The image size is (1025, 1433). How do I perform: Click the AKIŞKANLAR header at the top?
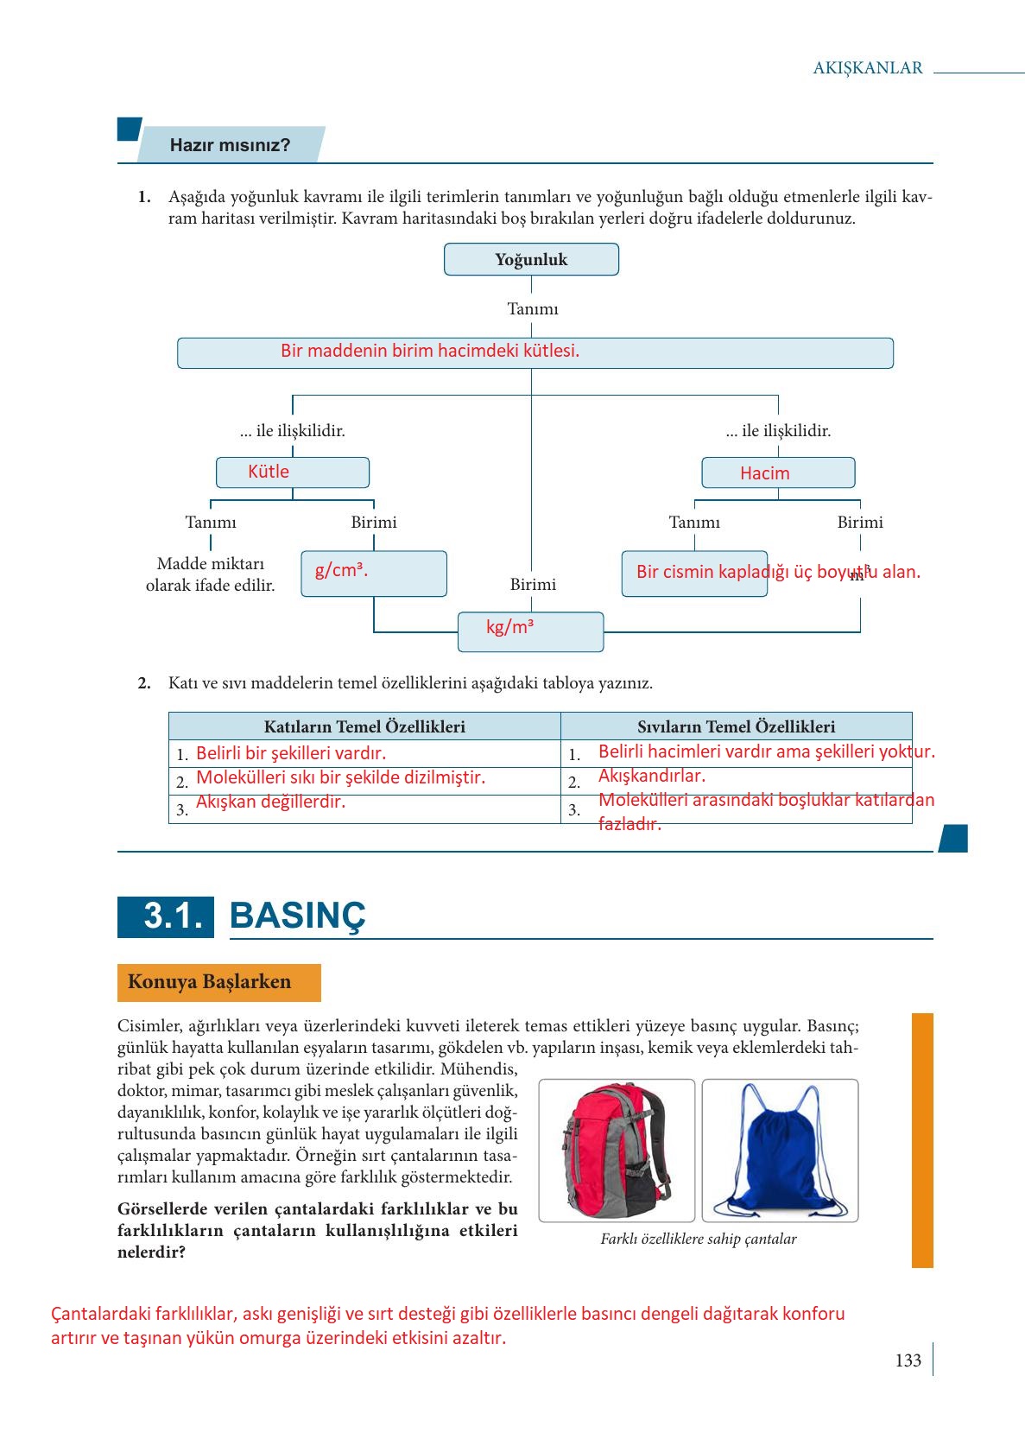(867, 68)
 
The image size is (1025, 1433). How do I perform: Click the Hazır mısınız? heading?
(230, 145)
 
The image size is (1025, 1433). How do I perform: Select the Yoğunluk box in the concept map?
(531, 259)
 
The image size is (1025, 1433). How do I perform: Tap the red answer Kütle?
(269, 472)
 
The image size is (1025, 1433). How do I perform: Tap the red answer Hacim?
(764, 473)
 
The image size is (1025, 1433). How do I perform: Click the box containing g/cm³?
(373, 574)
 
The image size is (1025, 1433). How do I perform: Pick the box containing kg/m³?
(530, 631)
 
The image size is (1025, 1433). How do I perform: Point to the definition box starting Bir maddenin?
(535, 352)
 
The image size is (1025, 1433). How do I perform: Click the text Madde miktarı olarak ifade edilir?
(210, 574)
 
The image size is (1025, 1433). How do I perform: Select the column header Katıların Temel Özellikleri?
(364, 726)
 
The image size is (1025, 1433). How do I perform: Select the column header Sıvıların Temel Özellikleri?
(736, 726)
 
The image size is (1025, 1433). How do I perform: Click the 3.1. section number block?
(166, 916)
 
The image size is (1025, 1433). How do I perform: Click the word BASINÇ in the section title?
(298, 916)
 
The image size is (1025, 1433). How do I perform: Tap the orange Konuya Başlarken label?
(218, 982)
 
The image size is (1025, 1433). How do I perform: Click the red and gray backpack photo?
(616, 1150)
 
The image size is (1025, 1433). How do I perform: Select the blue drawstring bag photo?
(780, 1150)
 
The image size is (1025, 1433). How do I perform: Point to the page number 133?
(908, 1360)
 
